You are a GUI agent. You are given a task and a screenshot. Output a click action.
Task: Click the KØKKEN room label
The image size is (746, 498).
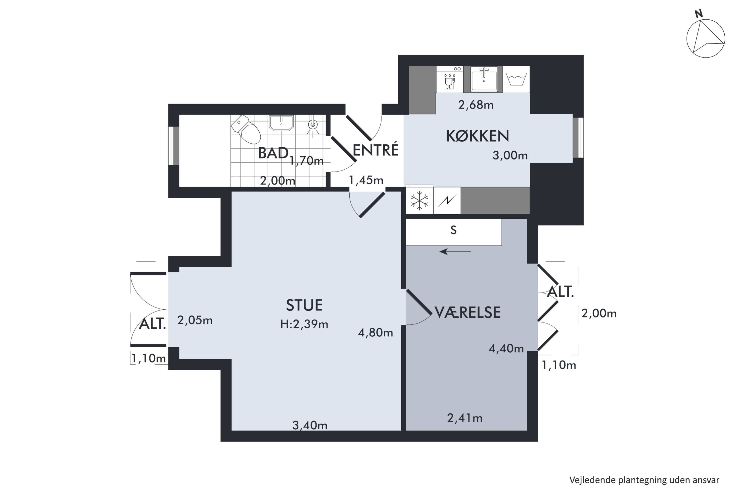477,136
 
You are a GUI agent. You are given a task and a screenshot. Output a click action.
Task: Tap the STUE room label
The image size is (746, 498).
304,305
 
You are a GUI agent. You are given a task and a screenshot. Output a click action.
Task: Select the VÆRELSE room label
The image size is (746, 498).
467,312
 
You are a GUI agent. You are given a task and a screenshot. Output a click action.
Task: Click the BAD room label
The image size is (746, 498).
273,153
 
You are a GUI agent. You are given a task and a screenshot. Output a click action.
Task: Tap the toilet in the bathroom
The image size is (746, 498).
246,129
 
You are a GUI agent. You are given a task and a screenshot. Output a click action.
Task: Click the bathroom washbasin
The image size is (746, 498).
281,123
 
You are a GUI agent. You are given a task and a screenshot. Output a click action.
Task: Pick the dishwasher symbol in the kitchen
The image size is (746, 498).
449,79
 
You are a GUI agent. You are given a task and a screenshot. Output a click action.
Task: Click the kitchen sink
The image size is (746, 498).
484,79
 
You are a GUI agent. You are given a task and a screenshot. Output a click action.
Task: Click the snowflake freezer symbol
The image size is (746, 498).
419,200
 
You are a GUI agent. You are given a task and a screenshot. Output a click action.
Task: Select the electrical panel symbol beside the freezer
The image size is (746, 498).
447,200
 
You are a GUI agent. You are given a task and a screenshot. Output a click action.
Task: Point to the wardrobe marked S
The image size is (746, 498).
454,232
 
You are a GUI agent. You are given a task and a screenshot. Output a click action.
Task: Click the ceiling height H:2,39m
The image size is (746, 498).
304,324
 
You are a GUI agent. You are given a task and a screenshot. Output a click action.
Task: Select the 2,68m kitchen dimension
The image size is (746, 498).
476,105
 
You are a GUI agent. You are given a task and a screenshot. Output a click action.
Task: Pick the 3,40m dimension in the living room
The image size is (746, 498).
310,425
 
